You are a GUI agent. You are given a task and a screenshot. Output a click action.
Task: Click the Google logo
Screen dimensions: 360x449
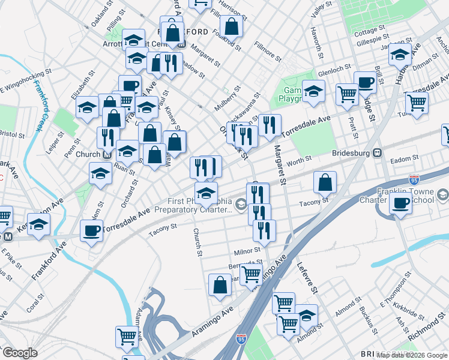(20, 353)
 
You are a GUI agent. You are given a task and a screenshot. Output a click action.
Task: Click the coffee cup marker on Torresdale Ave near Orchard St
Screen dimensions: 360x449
(92, 231)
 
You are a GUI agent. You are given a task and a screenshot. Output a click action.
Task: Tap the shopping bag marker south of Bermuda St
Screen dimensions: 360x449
(220, 285)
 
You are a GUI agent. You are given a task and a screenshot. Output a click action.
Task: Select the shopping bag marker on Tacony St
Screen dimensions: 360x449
(325, 183)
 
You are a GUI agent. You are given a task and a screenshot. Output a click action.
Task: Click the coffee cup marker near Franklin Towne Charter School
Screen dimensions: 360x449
(400, 204)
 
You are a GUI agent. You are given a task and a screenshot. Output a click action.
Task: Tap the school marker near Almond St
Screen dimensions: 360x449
(306, 316)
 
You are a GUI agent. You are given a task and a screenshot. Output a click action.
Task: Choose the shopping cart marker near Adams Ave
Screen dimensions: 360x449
(127, 337)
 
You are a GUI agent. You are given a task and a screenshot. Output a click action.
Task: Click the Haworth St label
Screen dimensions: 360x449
(318, 40)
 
